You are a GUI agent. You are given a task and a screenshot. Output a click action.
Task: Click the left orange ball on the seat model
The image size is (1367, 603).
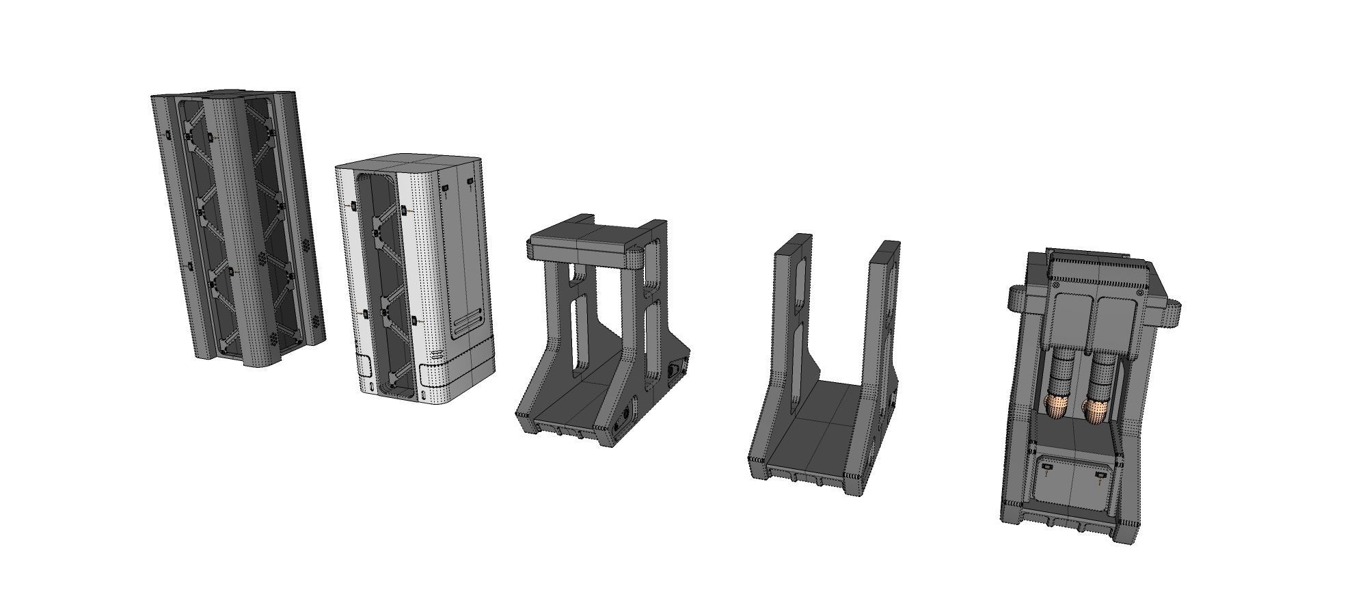1055,406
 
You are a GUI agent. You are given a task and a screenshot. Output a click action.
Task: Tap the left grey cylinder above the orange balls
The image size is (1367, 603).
1061,374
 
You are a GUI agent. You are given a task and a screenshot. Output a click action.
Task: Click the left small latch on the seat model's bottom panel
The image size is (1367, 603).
1047,467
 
